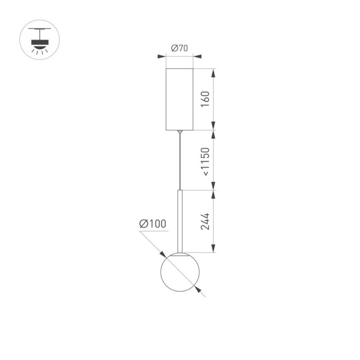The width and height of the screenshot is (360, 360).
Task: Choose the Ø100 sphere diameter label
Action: click(152, 224)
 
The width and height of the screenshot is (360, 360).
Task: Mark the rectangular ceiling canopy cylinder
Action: click(179, 98)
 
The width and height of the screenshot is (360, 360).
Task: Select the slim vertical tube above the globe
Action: click(179, 220)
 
